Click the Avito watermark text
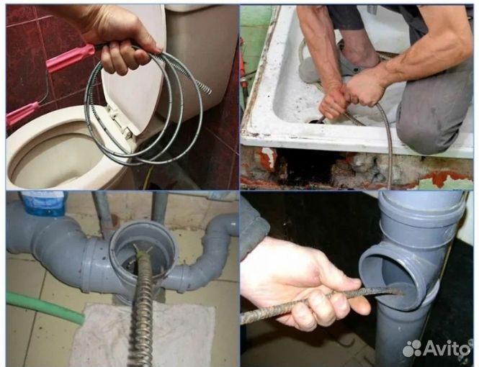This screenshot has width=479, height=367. click(x=447, y=348)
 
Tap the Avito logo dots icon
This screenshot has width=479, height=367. click(x=412, y=348)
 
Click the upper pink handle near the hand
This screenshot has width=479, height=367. click(x=71, y=58)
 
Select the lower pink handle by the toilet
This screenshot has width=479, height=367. click(x=22, y=114)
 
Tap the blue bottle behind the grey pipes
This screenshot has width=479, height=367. click(x=43, y=203)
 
